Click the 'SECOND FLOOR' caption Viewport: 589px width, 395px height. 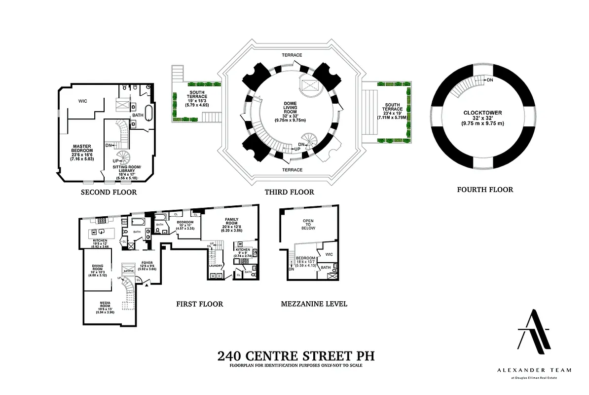pyautogui.click(x=109, y=192)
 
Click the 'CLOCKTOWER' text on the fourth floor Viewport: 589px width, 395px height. pyautogui.click(x=482, y=113)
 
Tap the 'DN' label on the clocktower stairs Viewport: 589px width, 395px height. pyautogui.click(x=489, y=80)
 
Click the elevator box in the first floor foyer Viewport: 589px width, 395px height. pyautogui.click(x=129, y=269)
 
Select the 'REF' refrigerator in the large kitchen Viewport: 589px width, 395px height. pyautogui.click(x=125, y=222)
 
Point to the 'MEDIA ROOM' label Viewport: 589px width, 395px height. pyautogui.click(x=105, y=305)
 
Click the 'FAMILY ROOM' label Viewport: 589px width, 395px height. pyautogui.click(x=231, y=223)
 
